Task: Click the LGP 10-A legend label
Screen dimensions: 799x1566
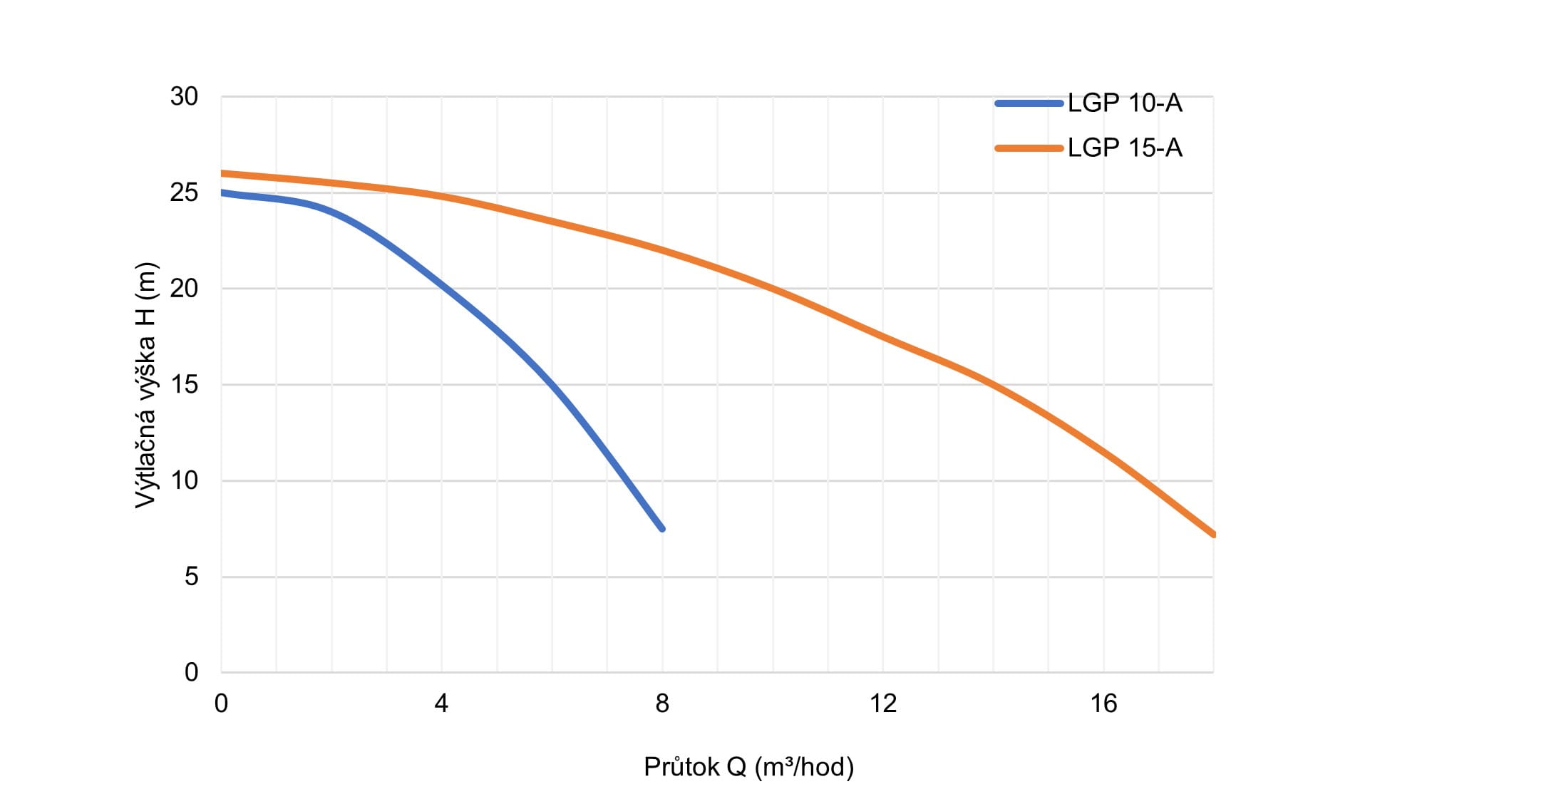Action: [1124, 103]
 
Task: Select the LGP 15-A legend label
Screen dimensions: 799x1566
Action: [1124, 148]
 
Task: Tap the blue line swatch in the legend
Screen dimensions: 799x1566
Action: [1029, 103]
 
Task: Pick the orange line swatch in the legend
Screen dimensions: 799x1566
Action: [1029, 148]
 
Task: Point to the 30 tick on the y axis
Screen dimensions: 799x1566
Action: [184, 96]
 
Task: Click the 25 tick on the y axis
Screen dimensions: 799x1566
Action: [184, 192]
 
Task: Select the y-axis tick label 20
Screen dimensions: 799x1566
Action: [184, 289]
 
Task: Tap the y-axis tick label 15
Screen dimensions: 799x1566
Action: [184, 385]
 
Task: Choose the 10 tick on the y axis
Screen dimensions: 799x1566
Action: [184, 480]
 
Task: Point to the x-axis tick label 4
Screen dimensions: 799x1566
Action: [441, 704]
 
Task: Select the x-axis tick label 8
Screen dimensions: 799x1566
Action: [662, 704]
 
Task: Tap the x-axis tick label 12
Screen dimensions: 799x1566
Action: [882, 704]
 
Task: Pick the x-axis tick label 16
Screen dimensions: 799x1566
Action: [1103, 704]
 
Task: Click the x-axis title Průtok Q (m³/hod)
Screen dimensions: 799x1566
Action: [748, 767]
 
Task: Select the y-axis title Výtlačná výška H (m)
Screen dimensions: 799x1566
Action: [145, 385]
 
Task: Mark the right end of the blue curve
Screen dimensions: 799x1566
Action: [662, 528]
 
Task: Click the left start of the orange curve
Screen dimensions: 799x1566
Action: [222, 173]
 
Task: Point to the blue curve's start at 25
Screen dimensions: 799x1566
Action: [222, 192]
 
